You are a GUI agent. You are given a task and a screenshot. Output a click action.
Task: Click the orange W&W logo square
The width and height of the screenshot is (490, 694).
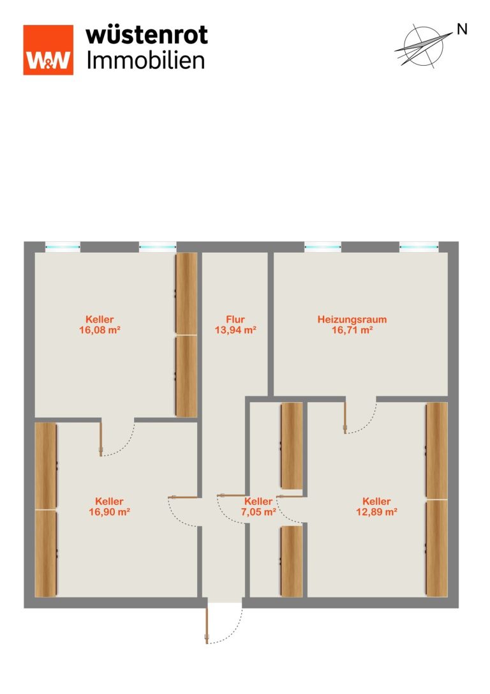coord(48,50)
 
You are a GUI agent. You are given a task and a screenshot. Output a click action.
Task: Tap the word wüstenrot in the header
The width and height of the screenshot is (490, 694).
coord(147,35)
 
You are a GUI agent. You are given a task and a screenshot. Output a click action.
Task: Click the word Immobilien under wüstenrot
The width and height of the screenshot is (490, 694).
coord(145,60)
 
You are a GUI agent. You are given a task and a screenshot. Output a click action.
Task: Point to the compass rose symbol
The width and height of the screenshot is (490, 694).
coord(423,45)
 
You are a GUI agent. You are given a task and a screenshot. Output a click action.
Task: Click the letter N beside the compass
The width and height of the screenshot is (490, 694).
coord(462,29)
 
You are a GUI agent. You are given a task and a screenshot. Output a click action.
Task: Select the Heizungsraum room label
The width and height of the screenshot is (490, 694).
coord(352,319)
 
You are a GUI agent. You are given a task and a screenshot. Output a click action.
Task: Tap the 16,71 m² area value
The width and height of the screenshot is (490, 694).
coord(352,329)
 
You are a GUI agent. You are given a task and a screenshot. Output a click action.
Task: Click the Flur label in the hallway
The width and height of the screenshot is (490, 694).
coord(235,319)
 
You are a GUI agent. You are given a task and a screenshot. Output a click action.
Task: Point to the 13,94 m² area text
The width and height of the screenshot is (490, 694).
coord(235,329)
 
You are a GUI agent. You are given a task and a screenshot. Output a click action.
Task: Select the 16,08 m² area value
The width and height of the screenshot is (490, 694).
coord(100,329)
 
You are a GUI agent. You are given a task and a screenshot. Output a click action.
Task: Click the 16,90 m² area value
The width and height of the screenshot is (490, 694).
coord(109,512)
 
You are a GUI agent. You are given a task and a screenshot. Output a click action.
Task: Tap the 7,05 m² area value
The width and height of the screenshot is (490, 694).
coord(258,512)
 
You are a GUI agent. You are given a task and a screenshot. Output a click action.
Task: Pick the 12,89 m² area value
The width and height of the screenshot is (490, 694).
coord(376,512)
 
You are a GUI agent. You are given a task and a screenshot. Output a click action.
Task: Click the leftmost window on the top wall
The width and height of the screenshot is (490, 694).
coord(63,247)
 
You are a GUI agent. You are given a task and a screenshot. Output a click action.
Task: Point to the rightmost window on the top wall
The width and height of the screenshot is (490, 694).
coord(419,247)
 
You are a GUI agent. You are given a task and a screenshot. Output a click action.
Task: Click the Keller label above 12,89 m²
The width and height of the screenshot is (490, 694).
coord(376,501)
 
